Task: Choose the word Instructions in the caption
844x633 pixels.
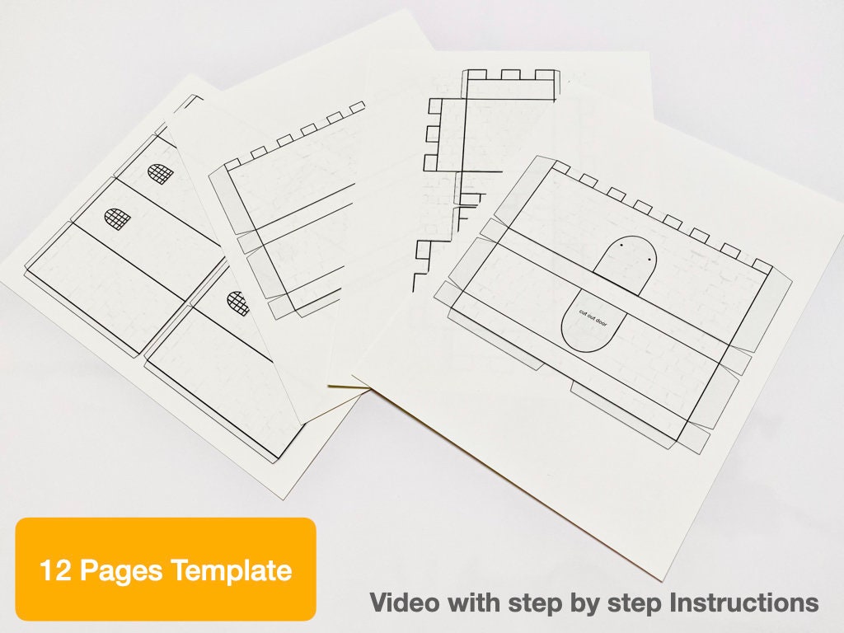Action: [x=745, y=602]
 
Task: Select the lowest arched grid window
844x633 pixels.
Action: [x=237, y=303]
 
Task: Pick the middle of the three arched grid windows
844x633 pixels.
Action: [x=118, y=219]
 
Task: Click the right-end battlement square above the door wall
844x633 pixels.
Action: [x=762, y=267]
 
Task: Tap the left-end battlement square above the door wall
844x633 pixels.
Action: [x=560, y=167]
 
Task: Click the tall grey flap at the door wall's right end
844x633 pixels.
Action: [x=772, y=309]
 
